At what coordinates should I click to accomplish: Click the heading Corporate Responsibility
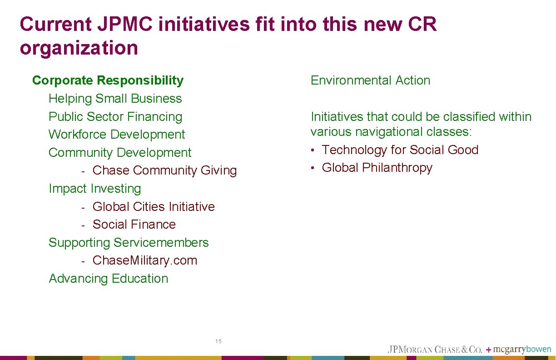click(x=108, y=80)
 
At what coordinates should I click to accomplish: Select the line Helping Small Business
click(x=115, y=99)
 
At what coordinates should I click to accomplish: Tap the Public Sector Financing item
click(x=115, y=117)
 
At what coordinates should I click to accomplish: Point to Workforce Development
click(x=117, y=135)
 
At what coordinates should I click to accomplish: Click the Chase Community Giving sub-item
click(x=164, y=170)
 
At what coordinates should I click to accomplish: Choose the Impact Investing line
click(x=94, y=189)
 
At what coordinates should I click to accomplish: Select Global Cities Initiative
click(x=154, y=207)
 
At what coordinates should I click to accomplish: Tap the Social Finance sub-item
click(x=134, y=225)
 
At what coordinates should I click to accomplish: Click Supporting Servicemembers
click(x=129, y=243)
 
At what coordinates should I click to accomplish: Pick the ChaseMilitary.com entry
click(x=145, y=260)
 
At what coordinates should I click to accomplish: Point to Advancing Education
click(x=108, y=279)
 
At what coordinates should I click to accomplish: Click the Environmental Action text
click(x=370, y=80)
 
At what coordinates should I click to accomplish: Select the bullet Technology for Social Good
click(x=400, y=150)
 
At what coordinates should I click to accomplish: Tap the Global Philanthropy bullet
click(x=377, y=168)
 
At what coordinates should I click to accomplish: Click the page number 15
click(x=218, y=341)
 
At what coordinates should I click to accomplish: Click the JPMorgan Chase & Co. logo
click(x=434, y=350)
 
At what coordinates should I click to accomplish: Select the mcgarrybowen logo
click(x=522, y=350)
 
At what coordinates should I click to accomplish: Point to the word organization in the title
click(x=79, y=48)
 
